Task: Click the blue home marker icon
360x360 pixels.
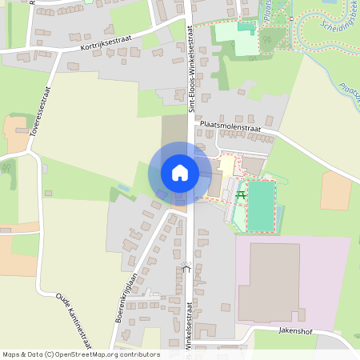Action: point(179,172)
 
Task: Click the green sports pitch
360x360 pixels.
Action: point(260,206)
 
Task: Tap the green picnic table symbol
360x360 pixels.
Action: point(241,195)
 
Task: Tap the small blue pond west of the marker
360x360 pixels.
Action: point(122,188)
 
